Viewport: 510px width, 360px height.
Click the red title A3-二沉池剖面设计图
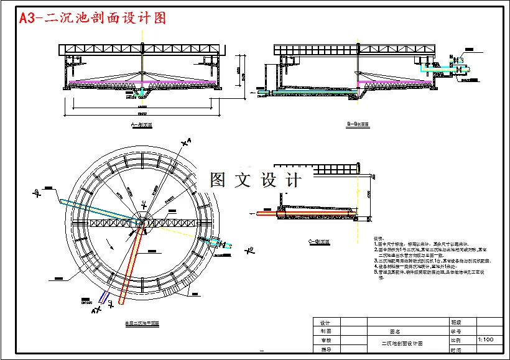[x=93, y=18]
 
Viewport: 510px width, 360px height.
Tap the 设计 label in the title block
[x=325, y=322]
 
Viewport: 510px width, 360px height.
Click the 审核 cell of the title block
[x=325, y=341]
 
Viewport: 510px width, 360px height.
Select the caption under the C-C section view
[x=318, y=242]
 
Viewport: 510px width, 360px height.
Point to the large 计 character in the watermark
[x=291, y=180]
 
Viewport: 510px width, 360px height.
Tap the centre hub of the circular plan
[x=142, y=221]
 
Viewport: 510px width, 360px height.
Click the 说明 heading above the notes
[x=378, y=239]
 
